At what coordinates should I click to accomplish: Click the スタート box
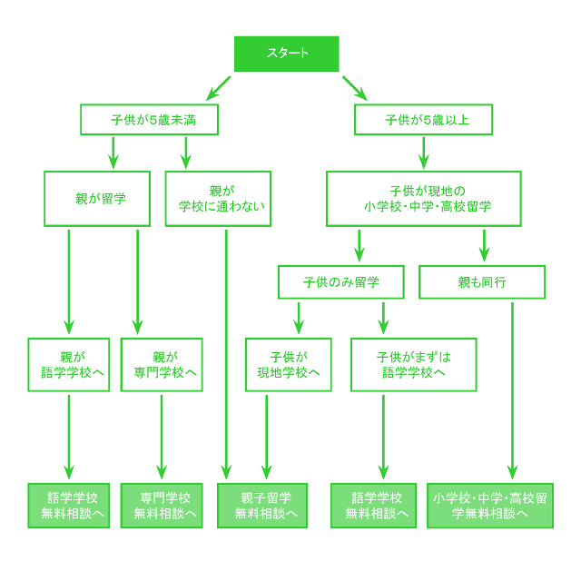click(286, 54)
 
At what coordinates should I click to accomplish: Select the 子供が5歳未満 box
click(150, 119)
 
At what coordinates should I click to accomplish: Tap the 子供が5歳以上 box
click(425, 119)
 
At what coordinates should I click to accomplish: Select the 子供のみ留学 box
click(340, 281)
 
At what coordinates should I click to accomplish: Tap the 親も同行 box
click(482, 281)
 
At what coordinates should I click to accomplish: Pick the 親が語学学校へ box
click(69, 364)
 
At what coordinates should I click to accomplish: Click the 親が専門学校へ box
click(162, 364)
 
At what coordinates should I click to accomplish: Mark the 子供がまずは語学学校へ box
click(413, 364)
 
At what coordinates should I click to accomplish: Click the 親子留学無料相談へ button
click(262, 506)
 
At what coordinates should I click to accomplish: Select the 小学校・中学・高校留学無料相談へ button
click(489, 506)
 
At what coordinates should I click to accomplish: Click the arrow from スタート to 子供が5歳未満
click(219, 88)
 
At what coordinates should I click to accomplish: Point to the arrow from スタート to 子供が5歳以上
click(354, 88)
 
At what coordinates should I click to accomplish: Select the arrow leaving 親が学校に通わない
click(224, 354)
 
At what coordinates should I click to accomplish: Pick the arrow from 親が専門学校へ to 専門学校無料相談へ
click(162, 436)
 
